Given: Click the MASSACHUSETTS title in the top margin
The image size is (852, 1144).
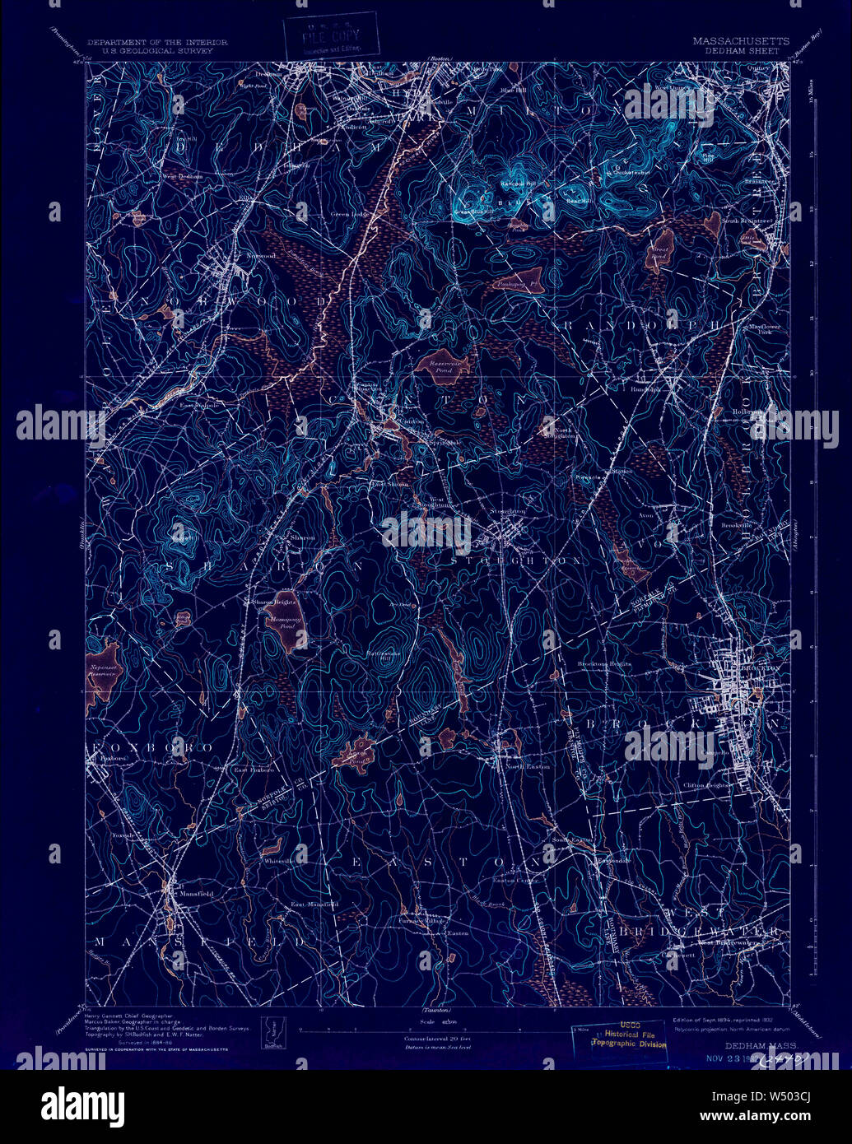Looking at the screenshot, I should pyautogui.click(x=740, y=41).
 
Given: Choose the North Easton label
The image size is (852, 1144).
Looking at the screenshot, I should pyautogui.click(x=526, y=767).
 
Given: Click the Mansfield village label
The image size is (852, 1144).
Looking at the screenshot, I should pyautogui.click(x=198, y=892).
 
